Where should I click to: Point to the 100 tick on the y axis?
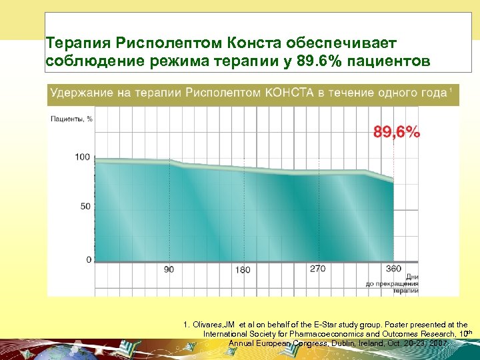click(83, 157)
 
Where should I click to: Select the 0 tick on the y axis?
click(89, 259)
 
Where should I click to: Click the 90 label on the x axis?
click(169, 269)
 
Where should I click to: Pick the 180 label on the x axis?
click(243, 269)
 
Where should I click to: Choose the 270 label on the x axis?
click(318, 269)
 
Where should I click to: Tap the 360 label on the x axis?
click(393, 269)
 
